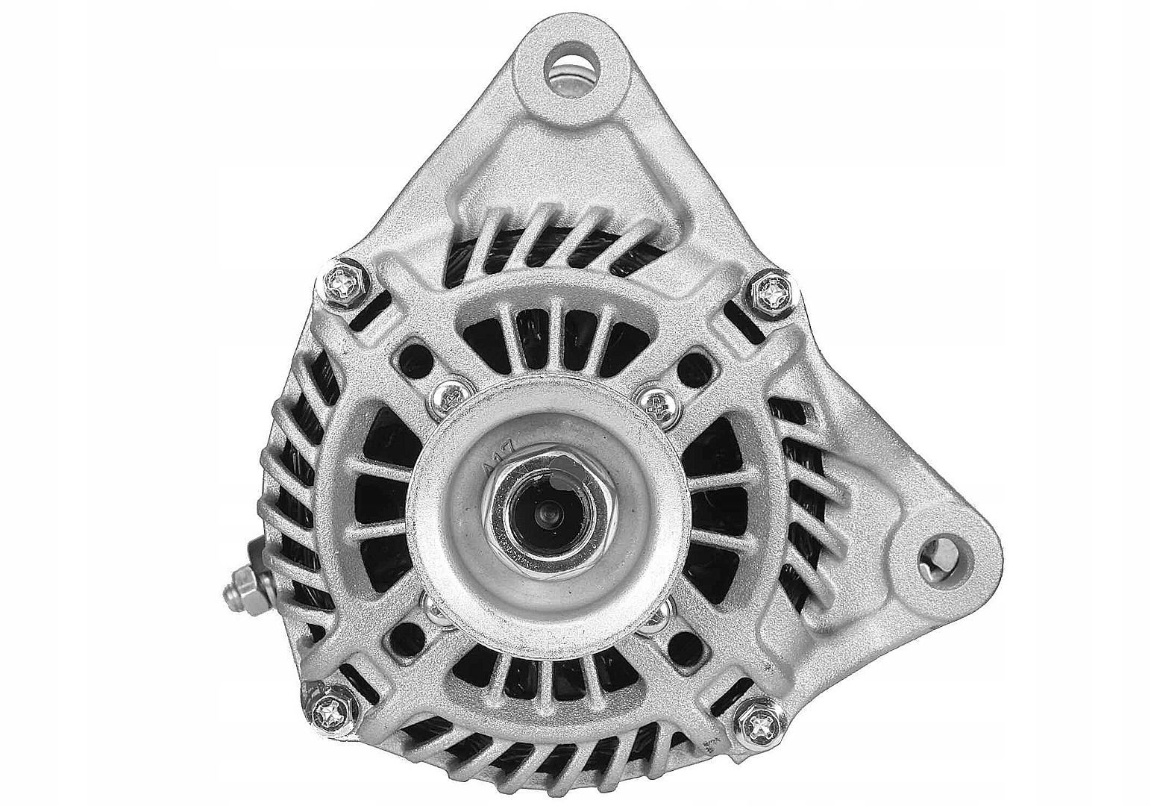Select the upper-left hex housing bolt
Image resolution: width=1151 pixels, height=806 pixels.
(x=345, y=284)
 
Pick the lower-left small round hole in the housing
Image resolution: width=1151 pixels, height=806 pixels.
(x=404, y=635)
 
